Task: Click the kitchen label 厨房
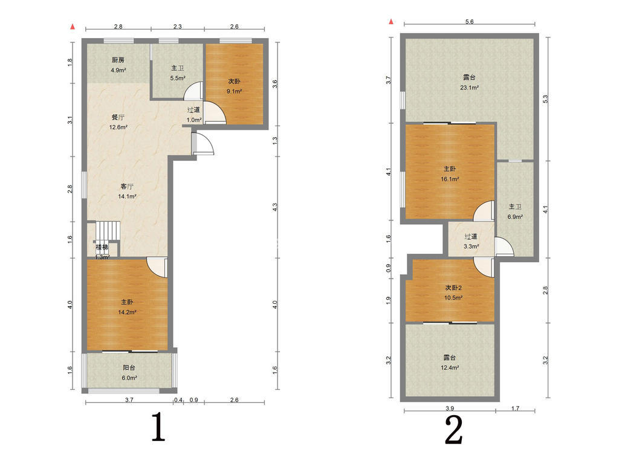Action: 118,60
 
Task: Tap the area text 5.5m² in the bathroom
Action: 178,78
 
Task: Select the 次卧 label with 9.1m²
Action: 234,82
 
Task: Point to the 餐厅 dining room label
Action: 118,117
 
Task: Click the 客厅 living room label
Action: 127,186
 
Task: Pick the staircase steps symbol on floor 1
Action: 108,230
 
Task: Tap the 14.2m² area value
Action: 127,312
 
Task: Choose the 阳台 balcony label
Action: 129,368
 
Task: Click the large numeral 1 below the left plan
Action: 159,427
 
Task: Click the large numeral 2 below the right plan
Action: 453,430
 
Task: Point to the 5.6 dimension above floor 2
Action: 469,22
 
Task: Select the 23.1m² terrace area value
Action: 469,88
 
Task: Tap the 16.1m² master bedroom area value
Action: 450,179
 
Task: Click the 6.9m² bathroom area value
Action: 515,217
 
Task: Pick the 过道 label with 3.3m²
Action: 470,237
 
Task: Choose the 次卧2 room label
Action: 453,288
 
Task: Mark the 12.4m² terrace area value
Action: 450,367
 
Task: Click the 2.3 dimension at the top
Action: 178,27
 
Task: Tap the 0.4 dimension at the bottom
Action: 178,400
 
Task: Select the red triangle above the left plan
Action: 73,27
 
